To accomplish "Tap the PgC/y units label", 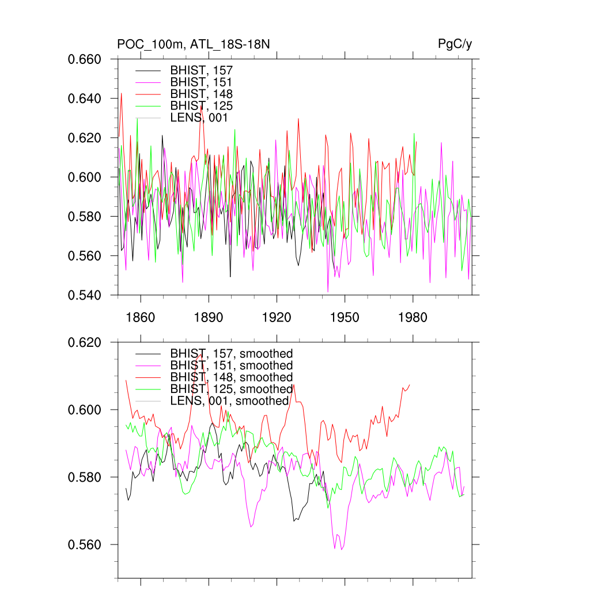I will pyautogui.click(x=456, y=44).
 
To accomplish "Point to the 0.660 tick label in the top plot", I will pyautogui.click(x=85, y=59).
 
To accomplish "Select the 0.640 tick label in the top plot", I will pyautogui.click(x=85, y=99).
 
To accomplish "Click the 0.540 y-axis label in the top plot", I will pyautogui.click(x=85, y=295).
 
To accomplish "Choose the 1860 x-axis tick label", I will pyautogui.click(x=141, y=318).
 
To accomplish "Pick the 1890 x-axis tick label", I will pyautogui.click(x=209, y=318).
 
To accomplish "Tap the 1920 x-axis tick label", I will pyautogui.click(x=277, y=318).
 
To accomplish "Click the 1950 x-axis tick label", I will pyautogui.click(x=345, y=318).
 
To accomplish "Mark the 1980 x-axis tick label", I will pyautogui.click(x=413, y=318).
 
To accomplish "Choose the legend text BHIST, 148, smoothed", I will pyautogui.click(x=232, y=377).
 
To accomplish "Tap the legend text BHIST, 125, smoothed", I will pyautogui.click(x=232, y=389).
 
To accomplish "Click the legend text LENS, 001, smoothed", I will pyautogui.click(x=229, y=400).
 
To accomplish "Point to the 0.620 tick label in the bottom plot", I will pyautogui.click(x=85, y=342).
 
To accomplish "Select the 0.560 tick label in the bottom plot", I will pyautogui.click(x=85, y=544).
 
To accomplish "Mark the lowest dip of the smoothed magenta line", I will pyautogui.click(x=342, y=550).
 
